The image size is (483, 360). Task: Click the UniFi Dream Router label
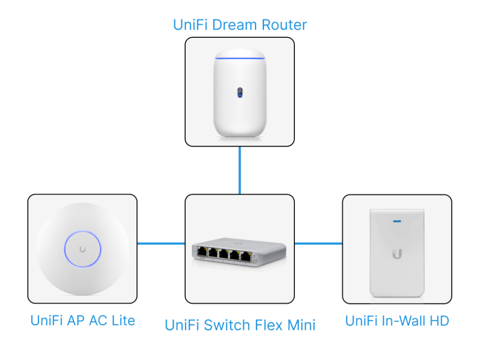pyautogui.click(x=240, y=25)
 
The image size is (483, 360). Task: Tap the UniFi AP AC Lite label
pyautogui.click(x=83, y=321)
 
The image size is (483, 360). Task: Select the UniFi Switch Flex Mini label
pyautogui.click(x=240, y=325)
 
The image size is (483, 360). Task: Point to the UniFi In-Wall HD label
pyautogui.click(x=397, y=321)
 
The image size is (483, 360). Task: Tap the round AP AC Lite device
pyautogui.click(x=83, y=249)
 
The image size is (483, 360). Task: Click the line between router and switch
pyautogui.click(x=240, y=170)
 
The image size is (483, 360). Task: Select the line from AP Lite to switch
pyautogui.click(x=161, y=244)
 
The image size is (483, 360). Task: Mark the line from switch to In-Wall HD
pyautogui.click(x=318, y=244)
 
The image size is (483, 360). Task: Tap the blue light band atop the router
pyautogui.click(x=239, y=58)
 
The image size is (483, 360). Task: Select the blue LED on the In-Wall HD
pyautogui.click(x=397, y=220)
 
